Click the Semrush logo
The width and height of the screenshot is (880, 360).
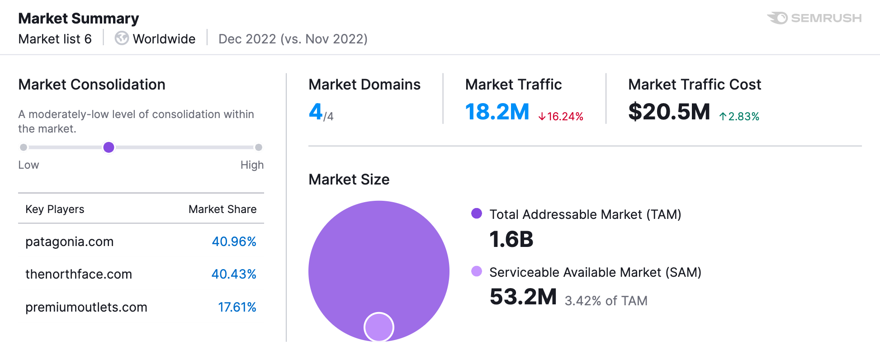[x=814, y=18]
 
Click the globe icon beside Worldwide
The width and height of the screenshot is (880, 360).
[x=121, y=38]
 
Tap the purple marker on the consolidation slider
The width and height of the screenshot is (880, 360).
[x=109, y=147]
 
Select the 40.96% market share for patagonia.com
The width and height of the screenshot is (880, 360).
[x=234, y=242]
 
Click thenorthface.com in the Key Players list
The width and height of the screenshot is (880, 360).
[x=79, y=274]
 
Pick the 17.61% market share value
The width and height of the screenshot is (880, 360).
[x=237, y=307]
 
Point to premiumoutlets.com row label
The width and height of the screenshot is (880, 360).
[x=86, y=307]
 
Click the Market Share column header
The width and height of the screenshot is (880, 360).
[x=222, y=209]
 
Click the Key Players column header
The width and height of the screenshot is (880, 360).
[x=55, y=209]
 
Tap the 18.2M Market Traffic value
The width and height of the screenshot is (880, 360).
[x=497, y=111]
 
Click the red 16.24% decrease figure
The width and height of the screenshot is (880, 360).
[x=561, y=116]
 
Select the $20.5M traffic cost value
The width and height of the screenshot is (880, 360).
[x=669, y=111]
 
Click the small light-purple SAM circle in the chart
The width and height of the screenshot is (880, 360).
[x=379, y=327]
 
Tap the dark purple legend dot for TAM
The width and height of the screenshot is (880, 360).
[x=477, y=213]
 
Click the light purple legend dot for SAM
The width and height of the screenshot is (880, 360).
[x=477, y=271]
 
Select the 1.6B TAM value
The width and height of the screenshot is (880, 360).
[x=511, y=239]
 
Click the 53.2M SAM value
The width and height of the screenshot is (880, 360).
[x=523, y=297]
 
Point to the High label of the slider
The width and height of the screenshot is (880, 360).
[x=252, y=165]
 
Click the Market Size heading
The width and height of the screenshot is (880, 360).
[x=349, y=180]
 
